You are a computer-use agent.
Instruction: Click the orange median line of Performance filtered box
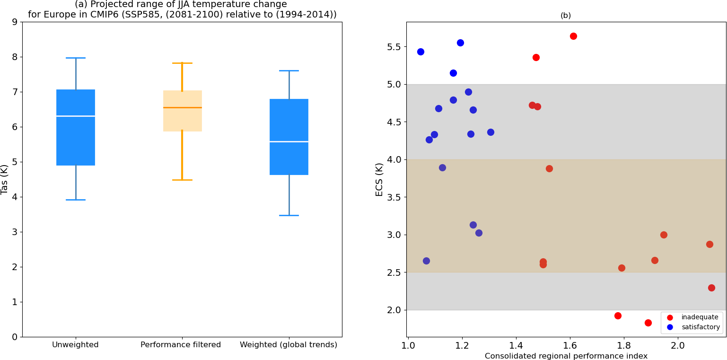pos(183,107)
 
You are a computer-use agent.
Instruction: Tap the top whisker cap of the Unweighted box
pos(76,58)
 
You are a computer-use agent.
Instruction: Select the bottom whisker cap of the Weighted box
pos(289,215)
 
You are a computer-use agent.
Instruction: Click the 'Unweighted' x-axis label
pos(75,345)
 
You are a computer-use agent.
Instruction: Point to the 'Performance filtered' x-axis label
pos(181,345)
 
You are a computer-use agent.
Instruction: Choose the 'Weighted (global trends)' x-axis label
pos(289,345)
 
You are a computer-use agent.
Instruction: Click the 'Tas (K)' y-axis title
pos(5,179)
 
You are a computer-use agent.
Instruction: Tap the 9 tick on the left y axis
pos(15,22)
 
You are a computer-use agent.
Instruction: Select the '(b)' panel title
pos(566,16)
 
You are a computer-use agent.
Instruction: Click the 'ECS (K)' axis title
pos(379,179)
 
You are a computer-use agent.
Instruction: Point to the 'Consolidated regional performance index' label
pos(566,356)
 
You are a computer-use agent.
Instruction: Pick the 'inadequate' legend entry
pos(700,317)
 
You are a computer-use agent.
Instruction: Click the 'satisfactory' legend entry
pos(701,327)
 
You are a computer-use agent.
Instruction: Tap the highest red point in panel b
pos(573,36)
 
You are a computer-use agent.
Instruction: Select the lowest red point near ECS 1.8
pos(648,323)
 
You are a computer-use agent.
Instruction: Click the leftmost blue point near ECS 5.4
pos(420,52)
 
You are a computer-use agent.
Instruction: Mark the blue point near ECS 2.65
pos(426,261)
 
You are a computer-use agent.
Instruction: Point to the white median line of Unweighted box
pos(76,116)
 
